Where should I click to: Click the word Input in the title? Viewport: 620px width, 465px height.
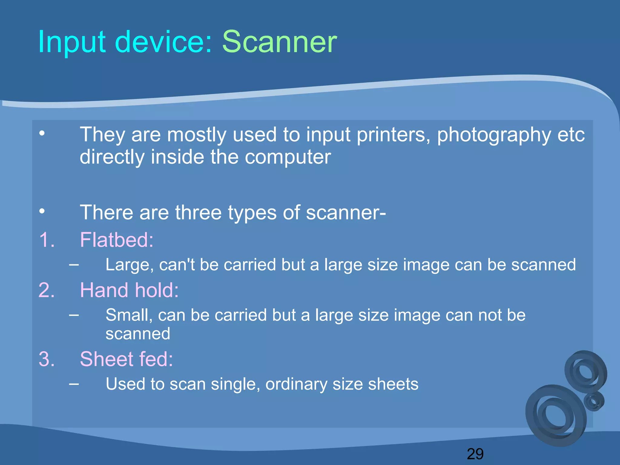pos(72,42)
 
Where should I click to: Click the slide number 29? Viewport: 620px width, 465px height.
pos(475,454)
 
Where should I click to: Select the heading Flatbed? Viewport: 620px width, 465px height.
pos(117,240)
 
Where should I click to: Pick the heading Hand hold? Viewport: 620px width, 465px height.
pos(129,290)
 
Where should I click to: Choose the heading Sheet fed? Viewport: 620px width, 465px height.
pos(126,359)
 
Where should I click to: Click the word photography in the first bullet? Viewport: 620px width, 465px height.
pos(494,135)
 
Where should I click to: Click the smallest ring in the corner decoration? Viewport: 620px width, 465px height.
pos(594,401)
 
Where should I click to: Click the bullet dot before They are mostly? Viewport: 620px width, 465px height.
pos(42,133)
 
